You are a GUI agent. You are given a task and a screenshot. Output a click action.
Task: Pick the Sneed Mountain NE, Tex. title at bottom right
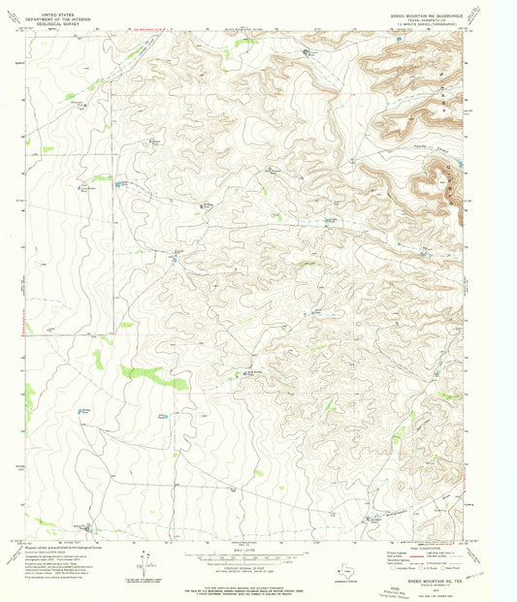click(x=436, y=583)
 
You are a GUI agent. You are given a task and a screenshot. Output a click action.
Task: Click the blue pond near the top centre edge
click(x=308, y=51)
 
